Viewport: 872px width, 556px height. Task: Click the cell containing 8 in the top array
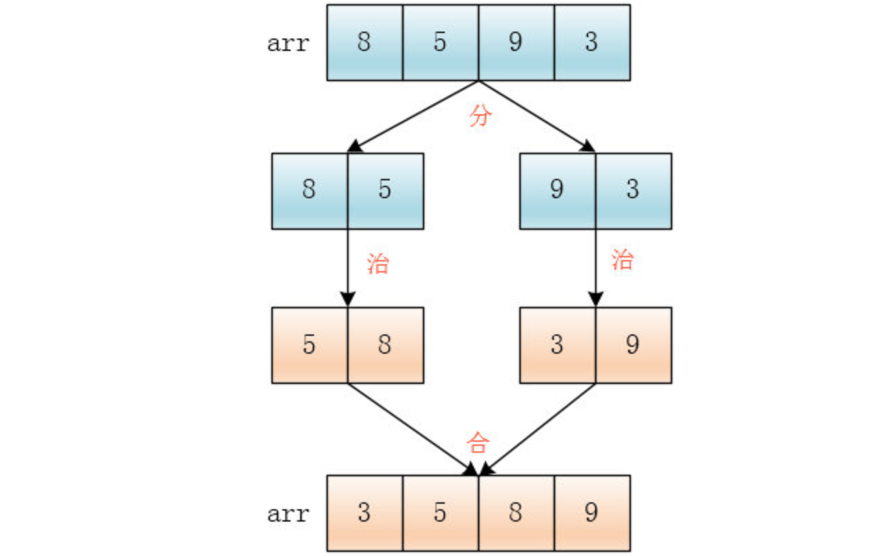[x=364, y=43]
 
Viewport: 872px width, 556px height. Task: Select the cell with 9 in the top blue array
[x=516, y=43]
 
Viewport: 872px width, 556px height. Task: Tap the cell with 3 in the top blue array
[x=592, y=43]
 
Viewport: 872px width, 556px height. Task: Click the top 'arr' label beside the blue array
[x=289, y=43]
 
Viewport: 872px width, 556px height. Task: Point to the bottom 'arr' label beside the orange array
[x=289, y=513]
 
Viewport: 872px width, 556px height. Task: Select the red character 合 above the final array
[x=477, y=442]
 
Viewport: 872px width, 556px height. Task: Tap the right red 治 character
[x=622, y=260]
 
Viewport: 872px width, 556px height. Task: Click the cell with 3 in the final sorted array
[x=364, y=513]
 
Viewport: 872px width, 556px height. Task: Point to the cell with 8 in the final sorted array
[x=516, y=513]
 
